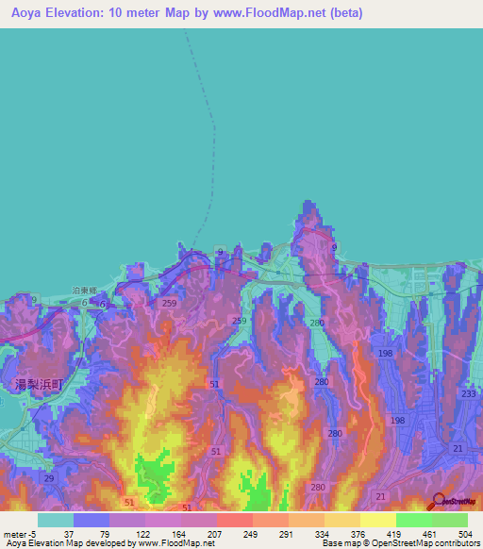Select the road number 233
pos(469,394)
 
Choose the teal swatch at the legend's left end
pos(55,520)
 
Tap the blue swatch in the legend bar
pos(91,520)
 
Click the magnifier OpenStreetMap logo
pos(439,502)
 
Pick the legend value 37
pos(69,535)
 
